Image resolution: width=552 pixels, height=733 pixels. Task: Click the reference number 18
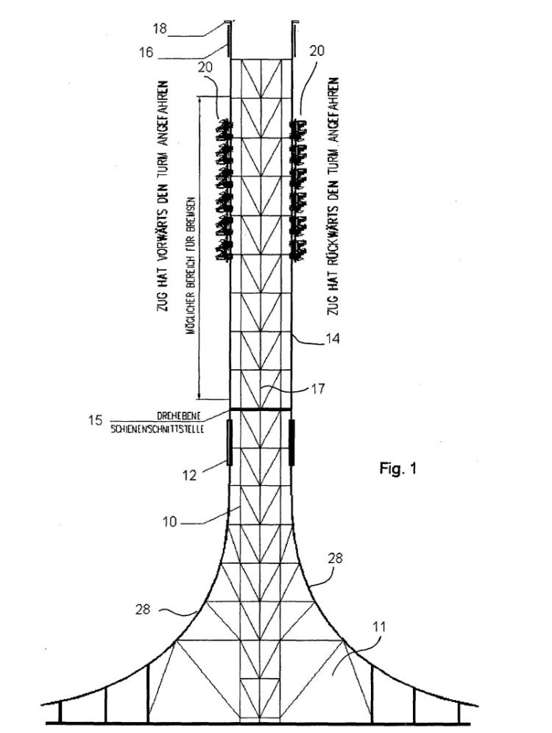(160, 29)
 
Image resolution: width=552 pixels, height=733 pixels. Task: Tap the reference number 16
(146, 52)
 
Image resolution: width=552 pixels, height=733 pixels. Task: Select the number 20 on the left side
(205, 68)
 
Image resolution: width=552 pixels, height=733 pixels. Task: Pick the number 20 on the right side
(316, 51)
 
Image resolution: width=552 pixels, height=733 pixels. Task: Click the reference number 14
(332, 338)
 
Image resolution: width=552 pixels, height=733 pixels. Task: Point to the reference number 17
(318, 388)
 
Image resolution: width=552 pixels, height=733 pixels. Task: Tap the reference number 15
(95, 420)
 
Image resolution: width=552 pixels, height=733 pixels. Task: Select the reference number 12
(189, 475)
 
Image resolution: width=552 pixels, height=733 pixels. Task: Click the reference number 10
(169, 522)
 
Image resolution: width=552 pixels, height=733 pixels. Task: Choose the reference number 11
(379, 626)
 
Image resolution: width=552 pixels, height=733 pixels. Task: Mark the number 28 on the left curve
(143, 609)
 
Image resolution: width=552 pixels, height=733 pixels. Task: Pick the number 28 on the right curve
(335, 558)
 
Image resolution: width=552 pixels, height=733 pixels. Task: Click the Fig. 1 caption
(397, 468)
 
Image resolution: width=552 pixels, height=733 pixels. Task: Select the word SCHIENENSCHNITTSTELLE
(158, 429)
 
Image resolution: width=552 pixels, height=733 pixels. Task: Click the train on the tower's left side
(224, 190)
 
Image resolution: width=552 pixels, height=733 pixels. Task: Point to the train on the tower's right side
(299, 190)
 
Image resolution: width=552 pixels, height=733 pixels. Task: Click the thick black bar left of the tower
(229, 443)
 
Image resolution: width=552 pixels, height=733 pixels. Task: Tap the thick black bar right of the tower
(291, 443)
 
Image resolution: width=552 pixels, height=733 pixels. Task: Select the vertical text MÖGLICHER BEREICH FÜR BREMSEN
(190, 269)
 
